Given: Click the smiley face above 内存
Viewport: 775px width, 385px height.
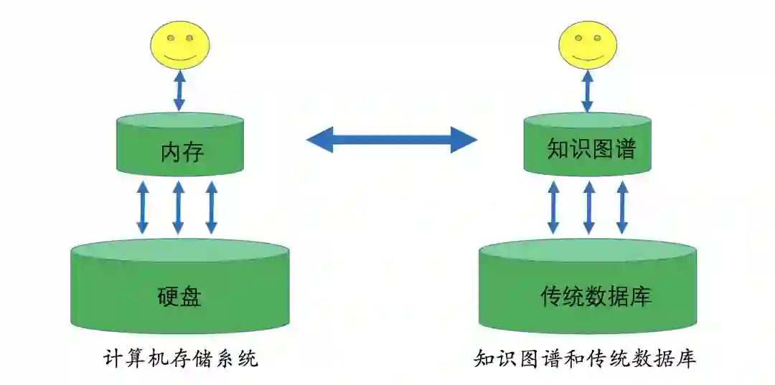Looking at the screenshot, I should point(180,44).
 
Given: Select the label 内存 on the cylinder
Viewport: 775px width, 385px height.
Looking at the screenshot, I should point(182,153).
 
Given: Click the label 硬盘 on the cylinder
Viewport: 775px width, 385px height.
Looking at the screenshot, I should point(179,296).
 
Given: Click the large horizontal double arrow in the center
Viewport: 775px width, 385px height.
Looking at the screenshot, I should point(392,139).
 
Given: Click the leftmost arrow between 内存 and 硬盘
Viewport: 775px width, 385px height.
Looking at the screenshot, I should point(143,208).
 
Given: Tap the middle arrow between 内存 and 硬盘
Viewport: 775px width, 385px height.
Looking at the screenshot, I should point(178,208).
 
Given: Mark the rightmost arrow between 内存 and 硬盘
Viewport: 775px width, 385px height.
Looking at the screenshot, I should point(211,208).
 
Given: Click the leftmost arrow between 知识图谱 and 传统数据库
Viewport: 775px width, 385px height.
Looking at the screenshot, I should point(553,208).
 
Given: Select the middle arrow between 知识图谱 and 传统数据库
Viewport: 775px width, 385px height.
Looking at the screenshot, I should point(589,208).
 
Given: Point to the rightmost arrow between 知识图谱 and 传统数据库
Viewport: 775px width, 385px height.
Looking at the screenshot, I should point(622,208).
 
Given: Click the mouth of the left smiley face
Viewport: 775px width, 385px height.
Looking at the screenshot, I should point(179,56).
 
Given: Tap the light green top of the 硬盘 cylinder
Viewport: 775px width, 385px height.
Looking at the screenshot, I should point(179,250).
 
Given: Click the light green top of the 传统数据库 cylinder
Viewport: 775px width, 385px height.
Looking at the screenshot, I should point(588,250).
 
